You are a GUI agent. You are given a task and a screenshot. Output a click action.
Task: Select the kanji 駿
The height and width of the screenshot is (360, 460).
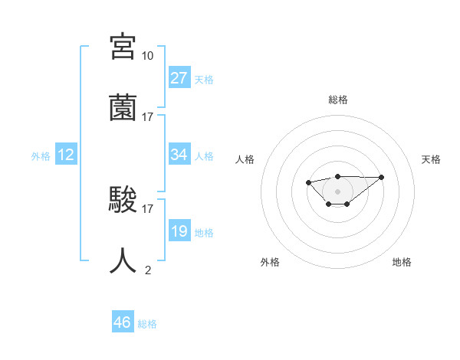tap(123, 199)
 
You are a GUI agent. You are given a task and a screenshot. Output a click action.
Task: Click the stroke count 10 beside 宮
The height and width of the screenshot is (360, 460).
tap(147, 56)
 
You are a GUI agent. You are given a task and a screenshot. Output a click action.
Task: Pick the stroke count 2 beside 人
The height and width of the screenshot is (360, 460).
tap(147, 270)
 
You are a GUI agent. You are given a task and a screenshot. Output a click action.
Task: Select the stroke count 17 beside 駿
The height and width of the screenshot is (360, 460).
tap(147, 208)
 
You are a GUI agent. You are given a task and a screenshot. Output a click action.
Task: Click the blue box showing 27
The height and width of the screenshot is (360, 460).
tap(179, 78)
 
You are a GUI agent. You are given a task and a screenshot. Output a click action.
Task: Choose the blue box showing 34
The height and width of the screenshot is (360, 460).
tap(179, 155)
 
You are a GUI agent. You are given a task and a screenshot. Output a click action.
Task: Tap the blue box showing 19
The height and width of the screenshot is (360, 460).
tap(179, 231)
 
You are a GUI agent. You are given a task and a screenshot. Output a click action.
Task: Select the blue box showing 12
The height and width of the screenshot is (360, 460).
tap(66, 155)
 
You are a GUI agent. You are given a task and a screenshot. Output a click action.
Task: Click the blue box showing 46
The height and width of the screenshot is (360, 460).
tap(122, 322)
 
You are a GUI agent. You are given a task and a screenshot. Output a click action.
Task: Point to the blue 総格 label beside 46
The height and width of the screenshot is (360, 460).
tap(147, 324)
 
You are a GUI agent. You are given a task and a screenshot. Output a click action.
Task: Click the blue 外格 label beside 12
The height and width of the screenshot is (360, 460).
tap(40, 156)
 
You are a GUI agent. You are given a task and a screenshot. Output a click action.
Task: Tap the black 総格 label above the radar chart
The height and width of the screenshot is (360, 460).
tap(337, 100)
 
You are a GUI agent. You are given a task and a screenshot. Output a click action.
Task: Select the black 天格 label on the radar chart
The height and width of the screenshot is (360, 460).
tap(431, 159)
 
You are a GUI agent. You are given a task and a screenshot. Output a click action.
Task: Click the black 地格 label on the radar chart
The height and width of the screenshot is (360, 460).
tap(402, 262)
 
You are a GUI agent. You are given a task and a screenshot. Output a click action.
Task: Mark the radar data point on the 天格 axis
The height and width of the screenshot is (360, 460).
tap(382, 177)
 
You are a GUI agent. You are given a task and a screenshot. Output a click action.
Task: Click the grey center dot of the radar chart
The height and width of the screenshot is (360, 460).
tap(337, 191)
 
